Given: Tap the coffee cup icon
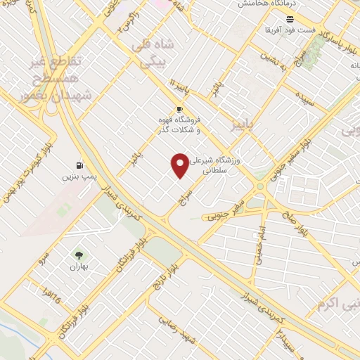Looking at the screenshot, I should (x=179, y=110).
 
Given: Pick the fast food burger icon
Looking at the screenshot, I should (x=290, y=18).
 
